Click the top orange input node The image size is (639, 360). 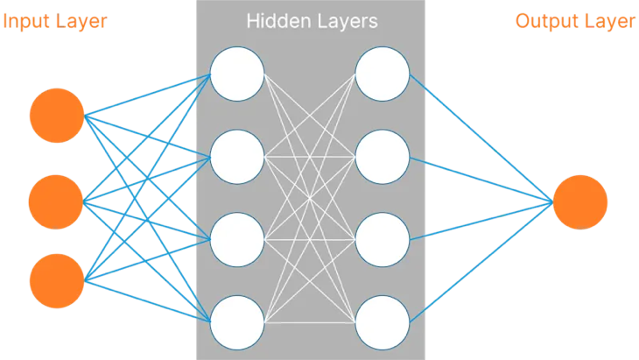click(x=57, y=115)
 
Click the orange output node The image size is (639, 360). click(x=580, y=202)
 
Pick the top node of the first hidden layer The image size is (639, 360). click(x=237, y=74)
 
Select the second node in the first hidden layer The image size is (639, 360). click(x=237, y=157)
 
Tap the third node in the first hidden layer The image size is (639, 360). click(x=237, y=239)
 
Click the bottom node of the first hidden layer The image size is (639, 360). click(x=237, y=322)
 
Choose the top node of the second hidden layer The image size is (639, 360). click(x=383, y=74)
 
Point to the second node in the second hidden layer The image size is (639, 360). click(x=383, y=157)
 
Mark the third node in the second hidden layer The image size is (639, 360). click(x=383, y=239)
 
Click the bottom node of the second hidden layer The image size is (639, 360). click(x=383, y=322)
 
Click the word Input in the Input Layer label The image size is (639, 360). click(x=25, y=21)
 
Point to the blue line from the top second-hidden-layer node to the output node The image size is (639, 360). click(x=481, y=138)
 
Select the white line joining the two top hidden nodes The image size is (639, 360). click(x=310, y=74)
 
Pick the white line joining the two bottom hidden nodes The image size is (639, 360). click(x=310, y=322)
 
